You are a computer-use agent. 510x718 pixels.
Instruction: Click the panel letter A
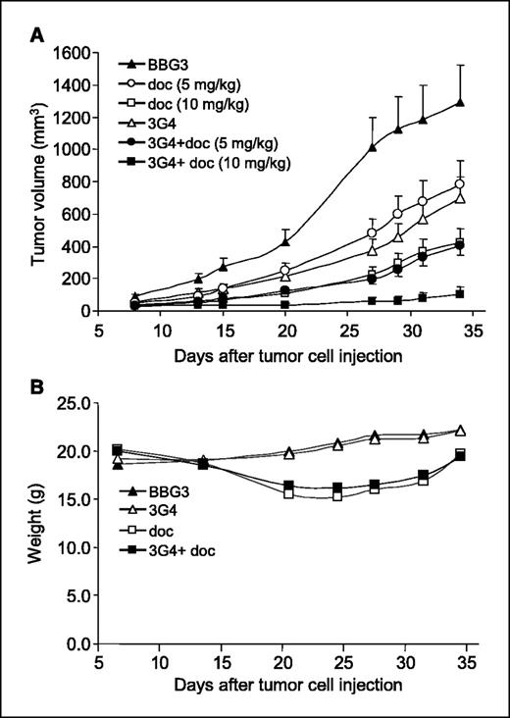[x=36, y=35]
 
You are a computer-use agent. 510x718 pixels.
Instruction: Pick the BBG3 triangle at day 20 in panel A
[x=285, y=241]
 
